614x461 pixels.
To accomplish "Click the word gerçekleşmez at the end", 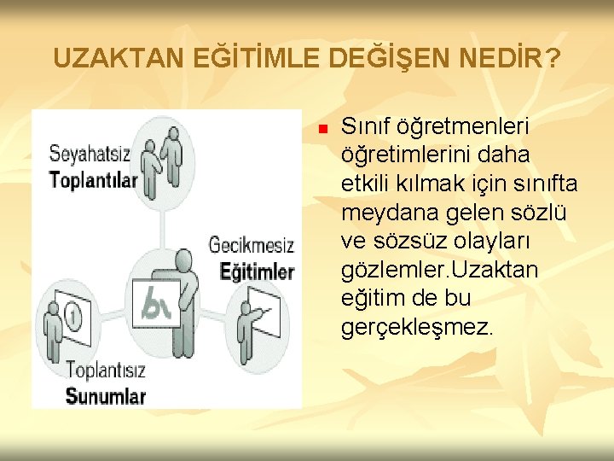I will pos(415,328).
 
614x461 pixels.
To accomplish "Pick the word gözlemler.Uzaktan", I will pos(439,270).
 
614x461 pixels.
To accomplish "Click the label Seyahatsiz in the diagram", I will pos(90,156).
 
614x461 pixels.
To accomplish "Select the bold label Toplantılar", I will pos(93,179).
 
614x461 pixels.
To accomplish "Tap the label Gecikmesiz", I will pos(252,246).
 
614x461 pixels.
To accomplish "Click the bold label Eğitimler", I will pos(257,271).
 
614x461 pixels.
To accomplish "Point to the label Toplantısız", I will pos(106,371).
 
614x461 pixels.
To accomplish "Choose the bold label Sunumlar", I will pos(106,396).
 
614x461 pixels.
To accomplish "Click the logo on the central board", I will pos(157,306).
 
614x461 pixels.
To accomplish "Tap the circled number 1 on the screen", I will pos(74,318).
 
